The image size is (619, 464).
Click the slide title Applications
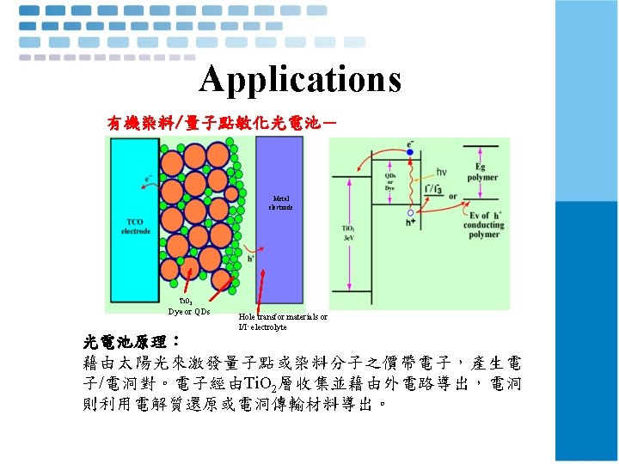300,79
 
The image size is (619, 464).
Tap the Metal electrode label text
280,204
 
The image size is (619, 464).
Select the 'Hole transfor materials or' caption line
283,317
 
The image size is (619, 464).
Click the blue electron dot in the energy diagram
410,152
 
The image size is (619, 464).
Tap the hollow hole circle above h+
410,212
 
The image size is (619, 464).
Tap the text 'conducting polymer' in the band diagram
482,229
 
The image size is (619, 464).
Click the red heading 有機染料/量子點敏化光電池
222,123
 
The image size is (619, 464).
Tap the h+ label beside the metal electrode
251,255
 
